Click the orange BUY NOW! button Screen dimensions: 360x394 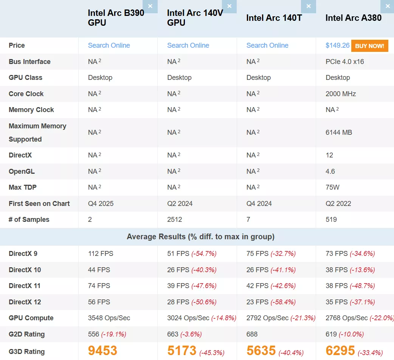(x=369, y=46)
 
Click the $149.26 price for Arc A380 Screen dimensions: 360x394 (x=337, y=45)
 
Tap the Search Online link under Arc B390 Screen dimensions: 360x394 (x=109, y=45)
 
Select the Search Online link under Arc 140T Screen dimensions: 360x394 (x=267, y=45)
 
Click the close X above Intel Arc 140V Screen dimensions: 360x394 (x=229, y=6)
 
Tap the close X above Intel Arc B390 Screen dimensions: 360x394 (x=150, y=6)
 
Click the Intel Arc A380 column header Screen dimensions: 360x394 (x=353, y=18)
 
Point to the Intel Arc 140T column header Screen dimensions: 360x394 (x=274, y=18)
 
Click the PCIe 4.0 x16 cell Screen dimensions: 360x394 (x=344, y=62)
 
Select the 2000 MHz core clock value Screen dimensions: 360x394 (x=340, y=94)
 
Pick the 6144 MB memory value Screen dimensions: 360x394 (x=338, y=132)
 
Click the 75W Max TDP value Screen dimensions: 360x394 (x=332, y=187)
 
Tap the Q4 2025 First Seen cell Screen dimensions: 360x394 (x=101, y=204)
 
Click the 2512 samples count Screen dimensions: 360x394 (x=175, y=220)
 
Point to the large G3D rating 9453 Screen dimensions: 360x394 (x=102, y=351)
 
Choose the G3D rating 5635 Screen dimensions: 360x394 (x=261, y=351)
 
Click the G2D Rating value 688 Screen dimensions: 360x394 (x=252, y=334)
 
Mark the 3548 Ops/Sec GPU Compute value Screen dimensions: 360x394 (x=109, y=318)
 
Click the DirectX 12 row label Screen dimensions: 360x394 (x=25, y=302)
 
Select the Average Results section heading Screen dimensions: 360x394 (x=200, y=237)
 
